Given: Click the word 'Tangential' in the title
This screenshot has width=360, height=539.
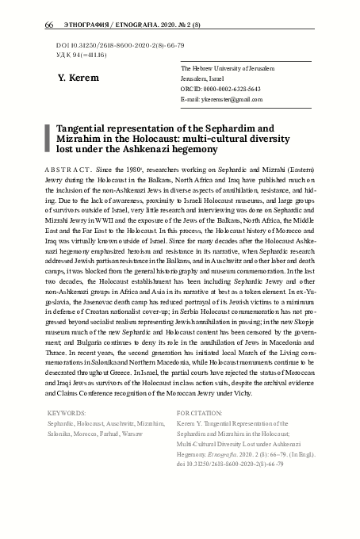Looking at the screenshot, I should [88, 127].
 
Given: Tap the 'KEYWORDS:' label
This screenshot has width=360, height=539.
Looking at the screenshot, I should [67, 413].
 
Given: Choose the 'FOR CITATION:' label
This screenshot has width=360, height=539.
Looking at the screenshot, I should [200, 413].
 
